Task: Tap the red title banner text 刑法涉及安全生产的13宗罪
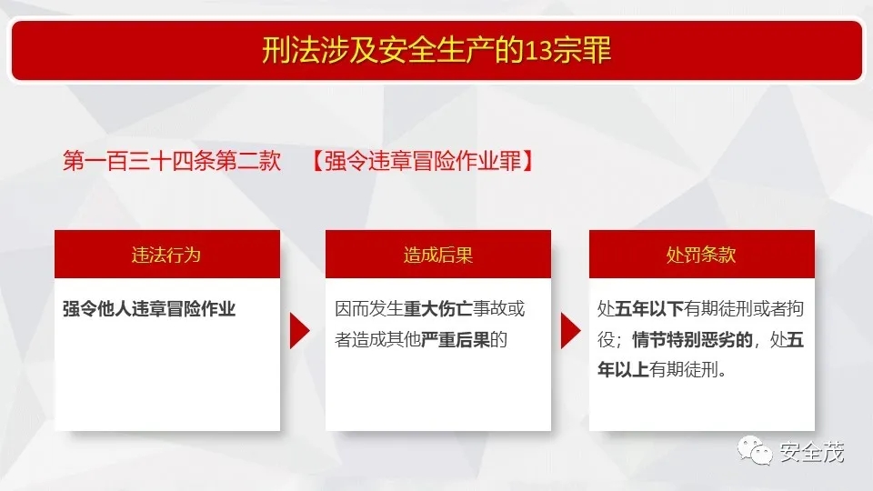(x=436, y=50)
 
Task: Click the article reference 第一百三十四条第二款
(x=172, y=161)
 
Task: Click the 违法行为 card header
(x=167, y=255)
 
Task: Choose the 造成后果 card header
(x=438, y=255)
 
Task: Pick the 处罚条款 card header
(x=701, y=255)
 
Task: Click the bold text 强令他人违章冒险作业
(x=149, y=309)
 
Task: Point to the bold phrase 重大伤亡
(x=437, y=309)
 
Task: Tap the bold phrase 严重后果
(x=456, y=339)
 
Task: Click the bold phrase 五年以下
(x=649, y=309)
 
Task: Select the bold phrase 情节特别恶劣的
(x=692, y=339)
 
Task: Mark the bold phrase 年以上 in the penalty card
(x=623, y=370)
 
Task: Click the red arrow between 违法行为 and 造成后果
(x=299, y=331)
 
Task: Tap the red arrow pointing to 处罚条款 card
(x=571, y=331)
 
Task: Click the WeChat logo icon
(x=755, y=450)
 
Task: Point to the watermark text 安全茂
(x=812, y=452)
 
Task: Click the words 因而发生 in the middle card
(x=368, y=309)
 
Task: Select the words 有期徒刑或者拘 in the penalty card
(x=744, y=309)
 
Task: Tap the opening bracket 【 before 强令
(x=317, y=161)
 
